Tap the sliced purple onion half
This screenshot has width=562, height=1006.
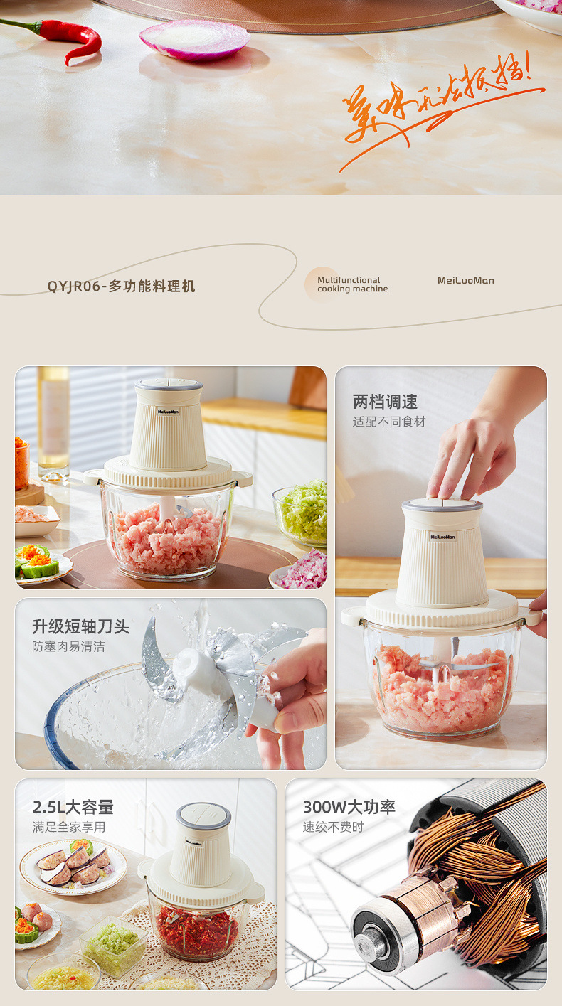(193, 38)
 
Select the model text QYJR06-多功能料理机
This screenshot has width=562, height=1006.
(121, 287)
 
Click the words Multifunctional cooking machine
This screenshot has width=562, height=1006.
(352, 284)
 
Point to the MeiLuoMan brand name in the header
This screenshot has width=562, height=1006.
(465, 280)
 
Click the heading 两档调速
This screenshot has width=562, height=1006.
(385, 402)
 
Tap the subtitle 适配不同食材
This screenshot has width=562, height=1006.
(388, 422)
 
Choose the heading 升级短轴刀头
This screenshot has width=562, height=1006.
(80, 626)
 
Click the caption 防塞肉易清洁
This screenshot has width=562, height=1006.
(68, 646)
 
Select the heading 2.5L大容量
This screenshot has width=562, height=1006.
(73, 807)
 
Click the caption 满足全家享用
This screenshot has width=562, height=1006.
(68, 827)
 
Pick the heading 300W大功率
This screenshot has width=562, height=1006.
(349, 807)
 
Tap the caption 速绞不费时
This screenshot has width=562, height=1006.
(333, 827)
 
